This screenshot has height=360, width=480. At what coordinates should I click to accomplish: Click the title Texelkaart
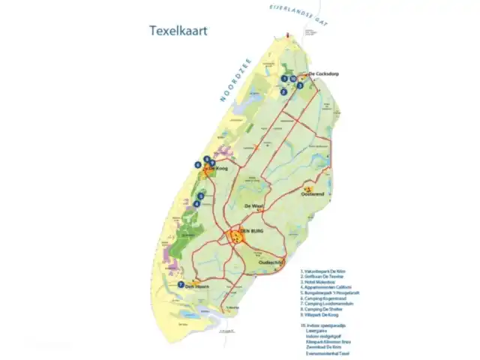(x=178, y=31)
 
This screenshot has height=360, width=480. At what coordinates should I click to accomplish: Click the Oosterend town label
(x=312, y=193)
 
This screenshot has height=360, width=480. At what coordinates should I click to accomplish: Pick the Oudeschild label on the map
(x=270, y=262)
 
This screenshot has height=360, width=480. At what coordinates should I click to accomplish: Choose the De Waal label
(x=253, y=205)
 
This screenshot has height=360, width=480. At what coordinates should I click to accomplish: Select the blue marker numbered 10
(x=292, y=79)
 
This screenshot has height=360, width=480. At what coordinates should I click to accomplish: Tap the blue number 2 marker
(x=283, y=92)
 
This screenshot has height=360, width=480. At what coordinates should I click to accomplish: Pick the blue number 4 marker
(x=197, y=203)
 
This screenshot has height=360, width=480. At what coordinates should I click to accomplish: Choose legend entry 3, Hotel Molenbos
(x=319, y=282)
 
